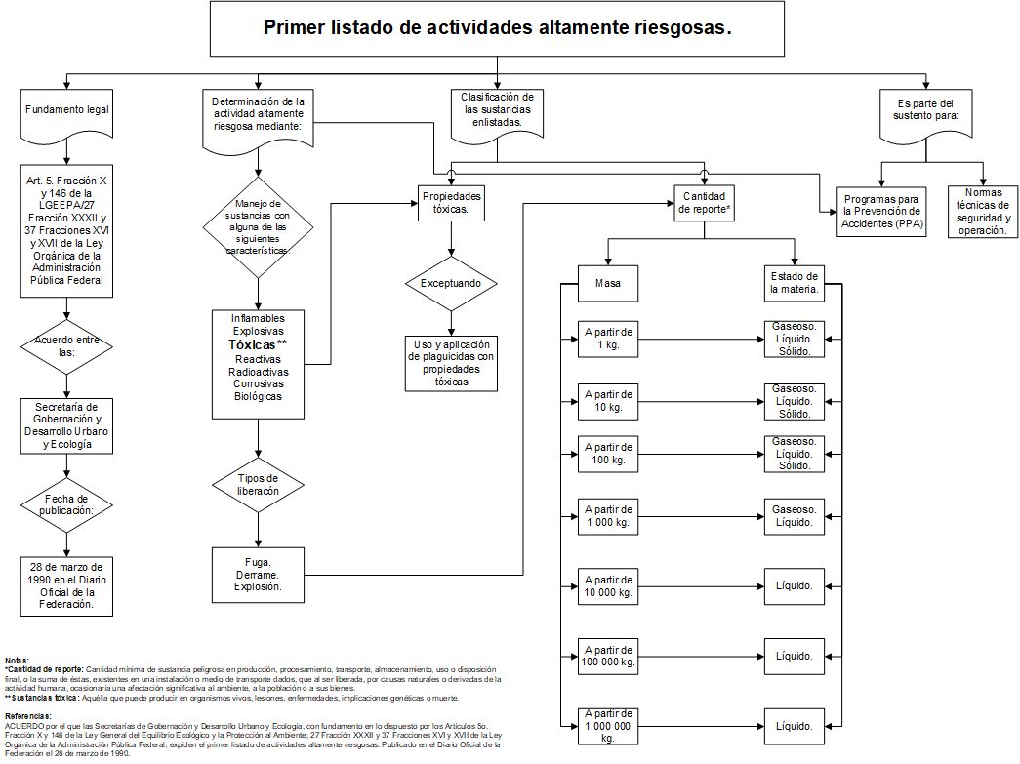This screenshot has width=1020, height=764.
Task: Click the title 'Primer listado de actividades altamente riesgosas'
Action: pyautogui.click(x=498, y=27)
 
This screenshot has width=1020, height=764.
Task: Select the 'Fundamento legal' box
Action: pyautogui.click(x=66, y=109)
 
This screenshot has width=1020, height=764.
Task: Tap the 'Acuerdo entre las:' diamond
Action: pyautogui.click(x=66, y=346)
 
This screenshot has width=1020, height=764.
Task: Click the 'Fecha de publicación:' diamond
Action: pyautogui.click(x=66, y=503)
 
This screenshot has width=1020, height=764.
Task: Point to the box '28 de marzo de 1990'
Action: pyautogui.click(x=66, y=584)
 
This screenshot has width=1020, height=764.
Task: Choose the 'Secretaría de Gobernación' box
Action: pyautogui.click(x=66, y=424)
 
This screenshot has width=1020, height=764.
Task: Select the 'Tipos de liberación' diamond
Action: pyautogui.click(x=258, y=484)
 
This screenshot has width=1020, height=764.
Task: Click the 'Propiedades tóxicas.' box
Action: pyautogui.click(x=451, y=203)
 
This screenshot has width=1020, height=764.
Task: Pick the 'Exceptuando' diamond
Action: pyautogui.click(x=451, y=284)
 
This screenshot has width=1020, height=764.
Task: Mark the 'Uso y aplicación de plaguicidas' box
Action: pyautogui.click(x=451, y=363)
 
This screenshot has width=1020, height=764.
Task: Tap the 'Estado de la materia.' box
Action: pyautogui.click(x=794, y=282)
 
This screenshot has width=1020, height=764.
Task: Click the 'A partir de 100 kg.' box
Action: pyautogui.click(x=608, y=453)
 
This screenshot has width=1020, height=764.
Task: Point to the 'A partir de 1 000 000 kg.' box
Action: pyautogui.click(x=608, y=726)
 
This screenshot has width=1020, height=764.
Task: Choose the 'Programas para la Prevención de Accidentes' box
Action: pyautogui.click(x=881, y=211)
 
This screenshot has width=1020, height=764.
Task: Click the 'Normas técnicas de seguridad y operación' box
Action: pyautogui.click(x=981, y=212)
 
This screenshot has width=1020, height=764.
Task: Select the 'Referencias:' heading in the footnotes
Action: pyautogui.click(x=27, y=715)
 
